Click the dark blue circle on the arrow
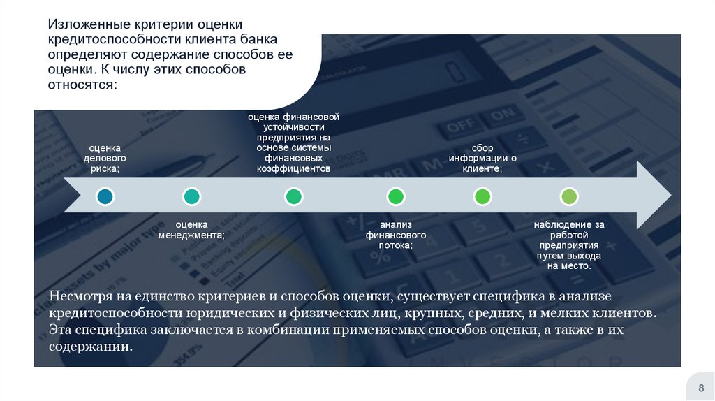click(x=105, y=197)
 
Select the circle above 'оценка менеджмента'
click(x=191, y=197)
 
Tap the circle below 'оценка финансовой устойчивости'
click(x=294, y=197)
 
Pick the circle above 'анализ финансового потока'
click(x=396, y=197)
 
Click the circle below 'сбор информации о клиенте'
click(x=482, y=197)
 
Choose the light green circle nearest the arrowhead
click(x=569, y=197)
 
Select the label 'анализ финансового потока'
click(x=396, y=235)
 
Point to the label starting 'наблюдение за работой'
click(x=569, y=245)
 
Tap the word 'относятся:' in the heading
click(x=83, y=85)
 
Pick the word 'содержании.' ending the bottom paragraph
click(x=90, y=347)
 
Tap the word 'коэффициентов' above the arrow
click(x=293, y=168)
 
